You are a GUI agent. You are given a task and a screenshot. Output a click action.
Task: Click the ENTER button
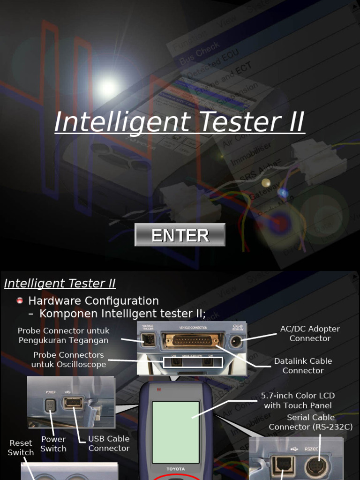180,235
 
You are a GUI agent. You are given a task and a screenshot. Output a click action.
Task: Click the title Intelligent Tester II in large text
180,121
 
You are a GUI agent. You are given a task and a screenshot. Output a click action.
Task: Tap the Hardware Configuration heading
93,300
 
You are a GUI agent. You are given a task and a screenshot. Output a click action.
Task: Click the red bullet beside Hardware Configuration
20,300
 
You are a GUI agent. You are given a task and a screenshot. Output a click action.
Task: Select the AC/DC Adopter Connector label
310,333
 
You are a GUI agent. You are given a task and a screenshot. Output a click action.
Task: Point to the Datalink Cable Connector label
303,366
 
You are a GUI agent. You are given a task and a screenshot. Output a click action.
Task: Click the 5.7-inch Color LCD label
298,400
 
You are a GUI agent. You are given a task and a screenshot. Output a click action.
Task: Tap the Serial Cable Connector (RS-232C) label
310,422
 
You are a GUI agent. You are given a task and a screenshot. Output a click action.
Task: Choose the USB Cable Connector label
109,443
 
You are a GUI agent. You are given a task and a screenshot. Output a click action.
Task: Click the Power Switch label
53,443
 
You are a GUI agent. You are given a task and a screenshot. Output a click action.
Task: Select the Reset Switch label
21,448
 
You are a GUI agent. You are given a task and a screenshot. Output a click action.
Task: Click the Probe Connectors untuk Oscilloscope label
68,360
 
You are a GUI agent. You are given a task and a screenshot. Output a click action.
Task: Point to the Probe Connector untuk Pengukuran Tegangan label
63,336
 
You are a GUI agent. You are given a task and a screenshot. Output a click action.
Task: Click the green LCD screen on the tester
176,432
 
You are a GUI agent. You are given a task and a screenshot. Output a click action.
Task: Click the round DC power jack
236,341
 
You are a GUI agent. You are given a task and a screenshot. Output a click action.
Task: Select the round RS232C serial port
315,467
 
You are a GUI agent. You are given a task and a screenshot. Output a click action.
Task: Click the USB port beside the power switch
73,403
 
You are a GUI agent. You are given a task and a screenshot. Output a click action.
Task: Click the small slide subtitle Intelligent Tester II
60,283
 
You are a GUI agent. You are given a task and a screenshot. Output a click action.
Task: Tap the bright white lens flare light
108,87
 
